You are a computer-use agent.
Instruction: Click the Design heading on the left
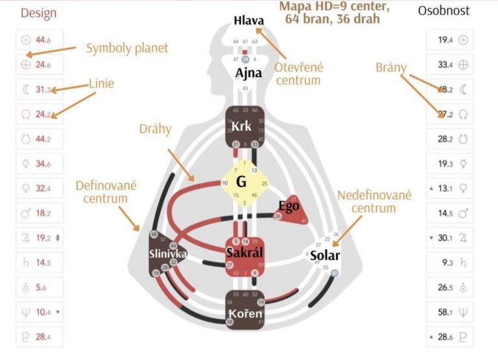coord(38,13)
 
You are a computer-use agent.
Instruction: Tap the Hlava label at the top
coord(249,21)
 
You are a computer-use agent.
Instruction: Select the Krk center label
coord(242,127)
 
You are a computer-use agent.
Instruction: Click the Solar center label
coord(324,256)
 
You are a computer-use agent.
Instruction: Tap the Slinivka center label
coord(165,254)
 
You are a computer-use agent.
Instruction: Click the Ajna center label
coord(248,73)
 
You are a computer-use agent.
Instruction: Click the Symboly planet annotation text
coord(127,48)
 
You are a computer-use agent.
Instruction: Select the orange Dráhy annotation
coord(156,129)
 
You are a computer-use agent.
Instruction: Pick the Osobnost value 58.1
coord(445,312)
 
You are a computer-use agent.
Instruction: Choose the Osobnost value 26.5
coord(445,287)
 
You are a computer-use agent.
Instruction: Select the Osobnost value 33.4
coord(445,64)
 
